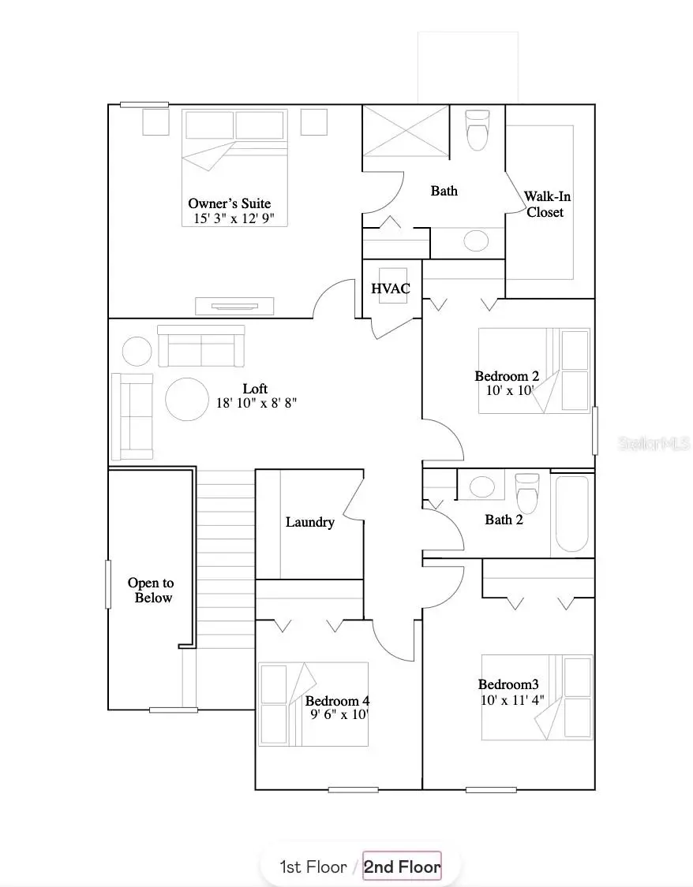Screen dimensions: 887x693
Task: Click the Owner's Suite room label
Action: (229, 203)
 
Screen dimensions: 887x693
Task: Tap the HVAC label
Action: (391, 289)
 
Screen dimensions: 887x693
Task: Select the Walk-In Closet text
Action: (545, 204)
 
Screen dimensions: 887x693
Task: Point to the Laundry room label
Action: (310, 522)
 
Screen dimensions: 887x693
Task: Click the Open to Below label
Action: (151, 591)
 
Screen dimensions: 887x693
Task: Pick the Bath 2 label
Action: (504, 520)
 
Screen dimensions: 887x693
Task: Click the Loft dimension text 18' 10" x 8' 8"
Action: (257, 403)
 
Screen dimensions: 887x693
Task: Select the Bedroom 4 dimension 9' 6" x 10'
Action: (339, 715)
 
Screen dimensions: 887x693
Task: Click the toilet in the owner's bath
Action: (478, 130)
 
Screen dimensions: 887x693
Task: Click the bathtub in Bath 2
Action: (572, 514)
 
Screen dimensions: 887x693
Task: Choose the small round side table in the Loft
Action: (137, 351)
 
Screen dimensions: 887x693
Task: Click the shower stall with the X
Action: (406, 132)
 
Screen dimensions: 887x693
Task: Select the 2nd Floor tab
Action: (402, 867)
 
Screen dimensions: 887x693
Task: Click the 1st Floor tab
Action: (313, 867)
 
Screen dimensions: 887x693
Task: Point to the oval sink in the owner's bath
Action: (476, 241)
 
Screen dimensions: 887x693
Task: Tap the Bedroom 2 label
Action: (507, 376)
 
